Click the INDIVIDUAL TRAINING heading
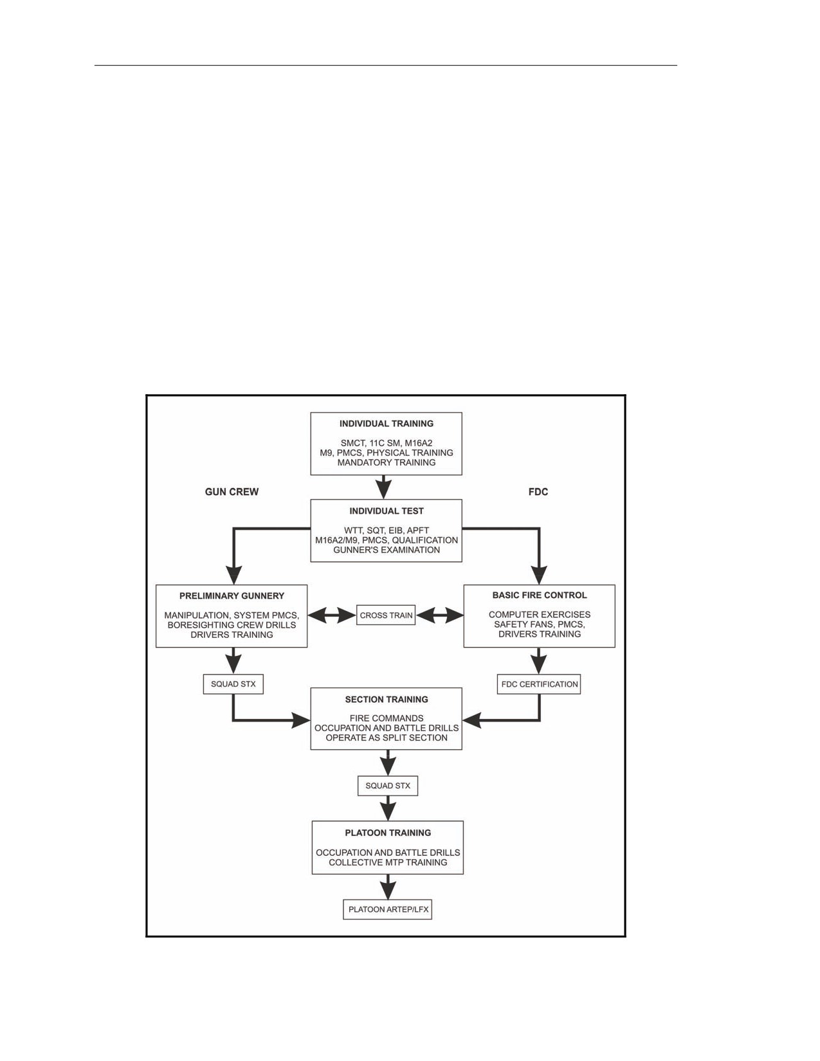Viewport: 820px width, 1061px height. (x=387, y=424)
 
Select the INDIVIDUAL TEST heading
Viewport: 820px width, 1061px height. (x=387, y=511)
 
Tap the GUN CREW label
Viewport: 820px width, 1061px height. (x=232, y=492)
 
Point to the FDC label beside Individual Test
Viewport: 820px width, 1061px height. (x=538, y=492)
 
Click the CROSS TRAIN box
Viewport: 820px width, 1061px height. (x=386, y=615)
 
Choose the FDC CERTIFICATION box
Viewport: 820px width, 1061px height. (x=540, y=684)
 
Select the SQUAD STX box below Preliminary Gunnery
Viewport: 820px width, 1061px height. (x=233, y=684)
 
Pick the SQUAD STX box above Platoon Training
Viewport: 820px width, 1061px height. (x=388, y=786)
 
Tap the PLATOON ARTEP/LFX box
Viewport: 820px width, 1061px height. (x=388, y=910)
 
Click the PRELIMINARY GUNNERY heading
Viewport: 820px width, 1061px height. (x=232, y=595)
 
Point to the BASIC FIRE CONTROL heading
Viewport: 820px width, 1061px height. (x=540, y=595)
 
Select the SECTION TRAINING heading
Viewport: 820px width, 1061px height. (x=387, y=699)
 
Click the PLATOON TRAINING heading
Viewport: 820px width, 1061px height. (x=388, y=833)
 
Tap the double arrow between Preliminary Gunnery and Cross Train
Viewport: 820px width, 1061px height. (x=332, y=616)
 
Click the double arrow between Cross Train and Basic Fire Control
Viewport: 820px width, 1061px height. (x=439, y=616)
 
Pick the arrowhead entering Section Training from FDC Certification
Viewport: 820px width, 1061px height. (x=472, y=720)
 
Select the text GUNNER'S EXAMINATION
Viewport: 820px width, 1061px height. (x=387, y=550)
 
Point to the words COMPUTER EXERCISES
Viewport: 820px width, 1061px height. (x=540, y=615)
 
